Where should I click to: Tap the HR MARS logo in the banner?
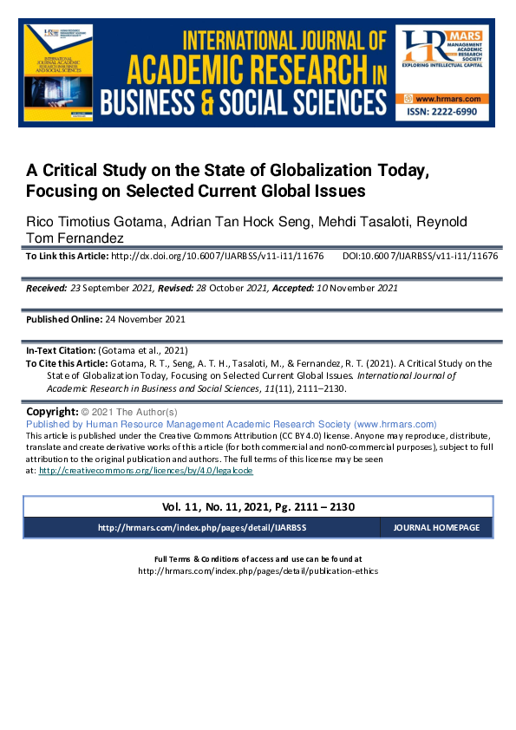point(442,55)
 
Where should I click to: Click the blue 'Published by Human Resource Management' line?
point(232,424)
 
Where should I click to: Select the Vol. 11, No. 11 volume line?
point(258,506)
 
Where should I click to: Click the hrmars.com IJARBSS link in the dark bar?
point(200,527)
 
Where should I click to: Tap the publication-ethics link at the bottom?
point(258,571)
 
